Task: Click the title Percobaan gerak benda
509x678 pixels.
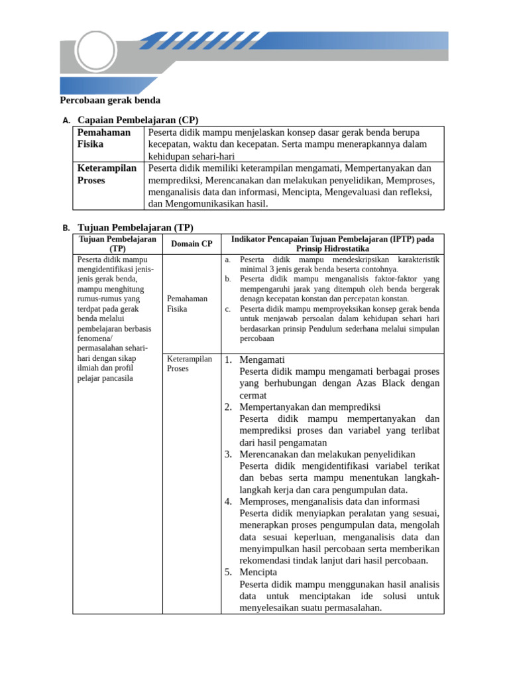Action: click(110, 101)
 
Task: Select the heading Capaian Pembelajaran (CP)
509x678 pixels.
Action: click(138, 120)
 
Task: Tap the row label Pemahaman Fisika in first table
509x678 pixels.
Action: click(103, 138)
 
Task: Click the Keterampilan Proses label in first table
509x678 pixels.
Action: click(107, 174)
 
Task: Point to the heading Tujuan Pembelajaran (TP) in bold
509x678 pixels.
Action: click(135, 227)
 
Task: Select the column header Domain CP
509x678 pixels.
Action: click(192, 244)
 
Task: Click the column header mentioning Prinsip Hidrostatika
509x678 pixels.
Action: click(332, 244)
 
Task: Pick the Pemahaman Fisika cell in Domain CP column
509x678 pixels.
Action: click(187, 304)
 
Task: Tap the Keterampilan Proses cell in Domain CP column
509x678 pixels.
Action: click(189, 363)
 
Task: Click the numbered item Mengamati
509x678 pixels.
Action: click(262, 360)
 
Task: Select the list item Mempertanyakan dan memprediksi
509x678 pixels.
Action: click(310, 407)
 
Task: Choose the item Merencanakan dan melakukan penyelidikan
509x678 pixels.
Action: click(327, 454)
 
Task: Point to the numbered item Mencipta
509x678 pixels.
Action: click(258, 572)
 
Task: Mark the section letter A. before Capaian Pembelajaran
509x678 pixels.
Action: click(66, 121)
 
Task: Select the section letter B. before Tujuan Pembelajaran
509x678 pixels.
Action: click(66, 228)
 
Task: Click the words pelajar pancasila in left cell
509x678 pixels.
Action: click(105, 378)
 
